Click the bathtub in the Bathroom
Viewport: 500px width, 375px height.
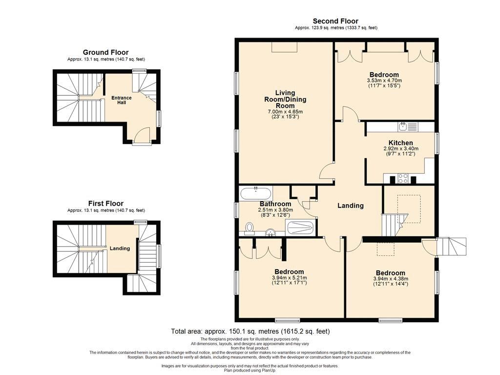pos(256,193)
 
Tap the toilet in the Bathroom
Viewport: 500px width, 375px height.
pos(250,228)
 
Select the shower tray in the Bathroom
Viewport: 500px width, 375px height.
pos(300,228)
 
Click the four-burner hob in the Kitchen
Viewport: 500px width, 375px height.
pos(402,178)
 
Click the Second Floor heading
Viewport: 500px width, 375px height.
pos(335,21)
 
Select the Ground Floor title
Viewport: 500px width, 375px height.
pos(106,52)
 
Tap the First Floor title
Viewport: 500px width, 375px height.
pos(106,204)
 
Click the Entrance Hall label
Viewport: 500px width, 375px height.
pos(121,100)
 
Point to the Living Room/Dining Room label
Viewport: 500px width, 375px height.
pos(285,99)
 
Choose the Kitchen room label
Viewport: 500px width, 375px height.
pos(401,143)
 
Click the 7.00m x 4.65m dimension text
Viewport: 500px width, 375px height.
pos(285,112)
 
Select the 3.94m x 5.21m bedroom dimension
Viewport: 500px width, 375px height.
pos(289,278)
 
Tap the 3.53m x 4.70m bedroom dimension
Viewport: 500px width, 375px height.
pos(384,81)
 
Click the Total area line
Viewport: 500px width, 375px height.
pos(250,332)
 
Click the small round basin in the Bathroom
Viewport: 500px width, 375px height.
pos(271,232)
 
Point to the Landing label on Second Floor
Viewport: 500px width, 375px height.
pos(351,206)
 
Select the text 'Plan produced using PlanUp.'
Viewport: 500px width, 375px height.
pos(250,371)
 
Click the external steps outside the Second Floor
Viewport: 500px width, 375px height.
pos(451,246)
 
